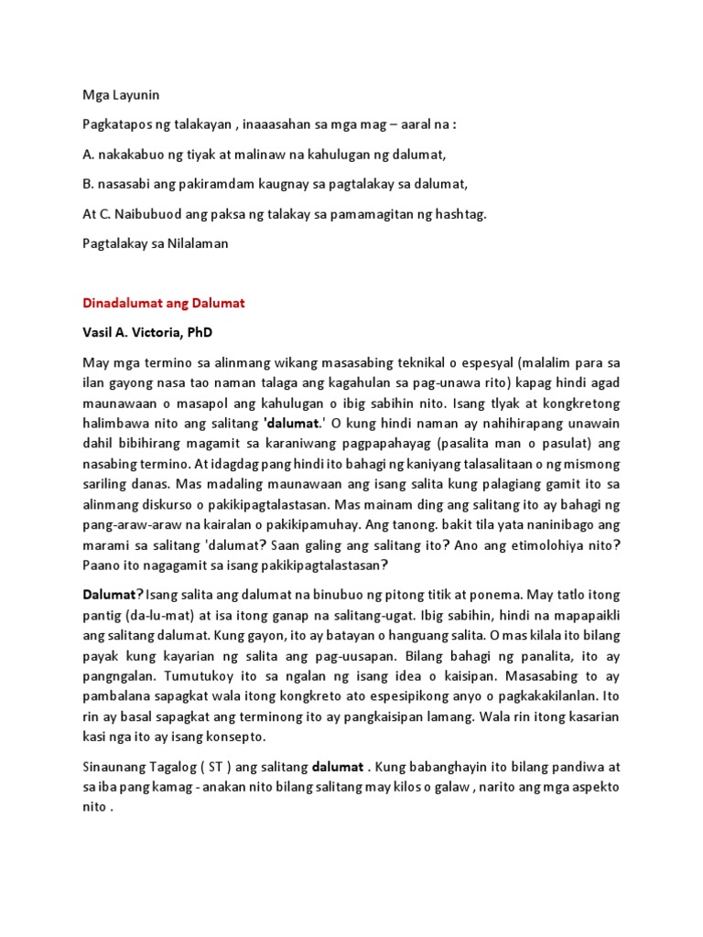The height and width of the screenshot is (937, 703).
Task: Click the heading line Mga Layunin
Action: click(121, 94)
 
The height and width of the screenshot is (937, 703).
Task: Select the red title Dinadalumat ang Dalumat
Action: click(165, 303)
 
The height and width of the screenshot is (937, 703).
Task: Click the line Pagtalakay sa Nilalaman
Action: click(157, 243)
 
